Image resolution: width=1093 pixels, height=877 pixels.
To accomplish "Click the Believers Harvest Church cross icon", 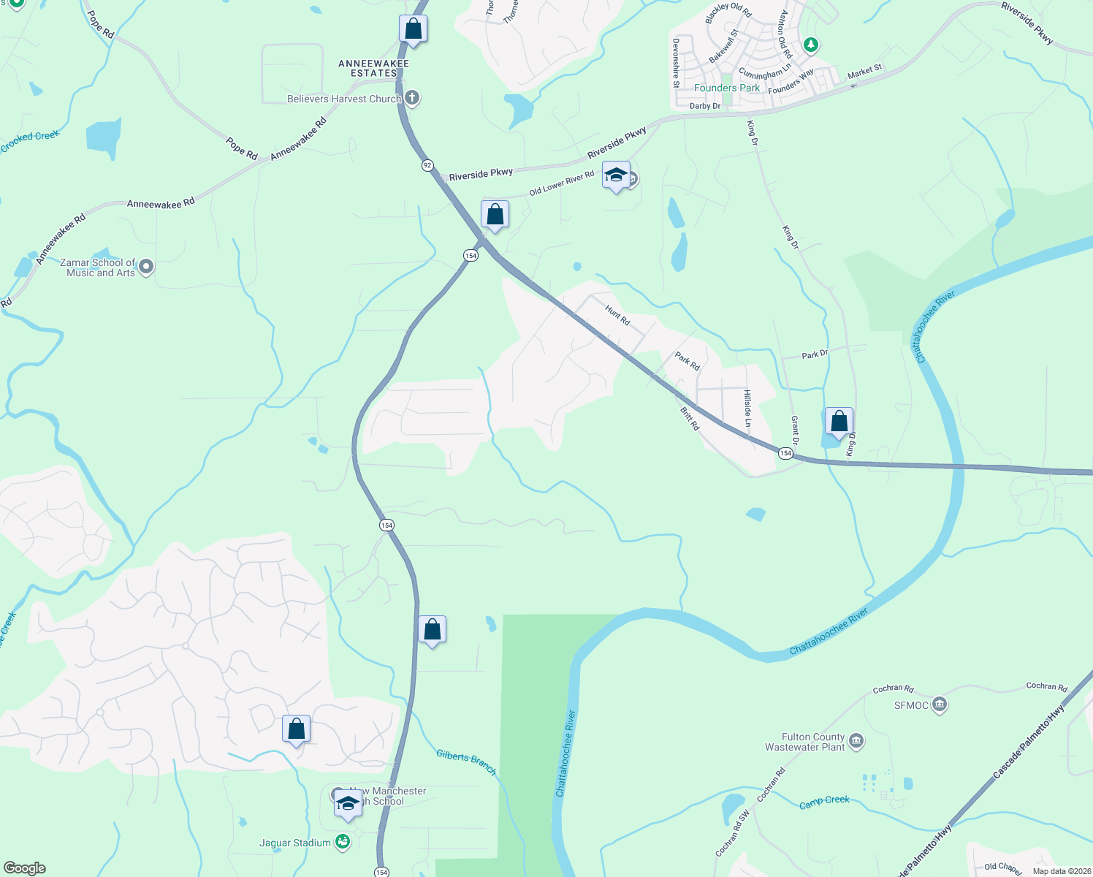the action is pyautogui.click(x=412, y=98).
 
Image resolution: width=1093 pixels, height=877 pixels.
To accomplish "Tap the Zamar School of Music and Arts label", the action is pyautogui.click(x=101, y=267).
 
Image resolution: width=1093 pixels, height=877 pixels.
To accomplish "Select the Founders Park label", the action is pyautogui.click(x=726, y=88).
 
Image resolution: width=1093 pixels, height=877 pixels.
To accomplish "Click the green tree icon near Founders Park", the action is pyautogui.click(x=810, y=45).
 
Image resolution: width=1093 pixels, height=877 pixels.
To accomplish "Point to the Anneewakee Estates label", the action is pyautogui.click(x=373, y=69).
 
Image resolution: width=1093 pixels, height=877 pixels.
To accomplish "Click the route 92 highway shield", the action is pyautogui.click(x=427, y=165).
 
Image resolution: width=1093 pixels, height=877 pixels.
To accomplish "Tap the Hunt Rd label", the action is pyautogui.click(x=617, y=315).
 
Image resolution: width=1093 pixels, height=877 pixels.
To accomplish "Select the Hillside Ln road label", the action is pyautogui.click(x=747, y=408).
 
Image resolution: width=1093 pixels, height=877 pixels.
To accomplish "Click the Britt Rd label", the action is pyautogui.click(x=690, y=419).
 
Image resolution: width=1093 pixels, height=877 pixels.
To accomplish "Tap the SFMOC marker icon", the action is pyautogui.click(x=940, y=705).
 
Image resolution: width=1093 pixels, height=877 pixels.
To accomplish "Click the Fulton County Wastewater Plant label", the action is pyautogui.click(x=804, y=742).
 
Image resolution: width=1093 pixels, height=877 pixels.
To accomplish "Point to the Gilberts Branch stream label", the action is pyautogui.click(x=466, y=762).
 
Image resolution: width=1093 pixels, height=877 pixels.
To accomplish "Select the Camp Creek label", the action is pyautogui.click(x=824, y=801).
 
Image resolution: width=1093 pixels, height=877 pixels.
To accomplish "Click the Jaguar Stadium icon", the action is pyautogui.click(x=343, y=843).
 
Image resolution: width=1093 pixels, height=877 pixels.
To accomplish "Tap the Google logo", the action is pyautogui.click(x=24, y=868).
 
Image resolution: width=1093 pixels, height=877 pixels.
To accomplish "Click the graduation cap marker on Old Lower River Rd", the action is pyautogui.click(x=616, y=175).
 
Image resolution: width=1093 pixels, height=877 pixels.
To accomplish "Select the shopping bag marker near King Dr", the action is pyautogui.click(x=839, y=422).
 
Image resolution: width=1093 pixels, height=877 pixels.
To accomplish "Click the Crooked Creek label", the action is pyautogui.click(x=29, y=141).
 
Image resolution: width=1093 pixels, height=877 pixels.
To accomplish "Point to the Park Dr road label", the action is pyautogui.click(x=815, y=354).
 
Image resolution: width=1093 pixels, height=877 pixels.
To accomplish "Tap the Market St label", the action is pyautogui.click(x=865, y=71).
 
